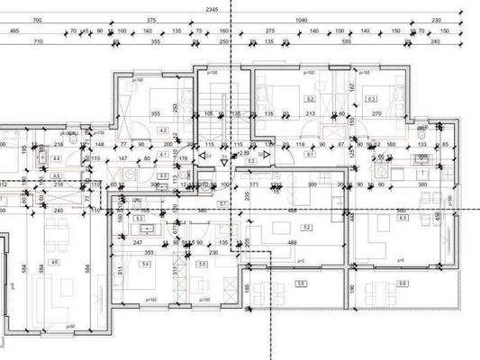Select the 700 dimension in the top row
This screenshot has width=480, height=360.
point(37,20)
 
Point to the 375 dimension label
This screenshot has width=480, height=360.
point(151,20)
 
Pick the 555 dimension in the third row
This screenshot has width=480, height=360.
point(347,41)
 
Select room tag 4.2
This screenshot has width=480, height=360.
point(163,130)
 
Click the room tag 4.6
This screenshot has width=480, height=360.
point(55,262)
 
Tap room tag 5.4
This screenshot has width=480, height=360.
point(144,264)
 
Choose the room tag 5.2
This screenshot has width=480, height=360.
point(307,229)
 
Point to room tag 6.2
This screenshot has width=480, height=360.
point(311,99)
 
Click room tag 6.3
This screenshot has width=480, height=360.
point(371,99)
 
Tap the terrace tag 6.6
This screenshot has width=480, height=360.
point(403,283)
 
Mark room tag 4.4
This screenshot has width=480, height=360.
point(56,158)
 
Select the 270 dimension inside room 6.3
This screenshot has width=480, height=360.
point(377,114)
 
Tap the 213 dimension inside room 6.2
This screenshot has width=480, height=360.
point(311,114)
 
